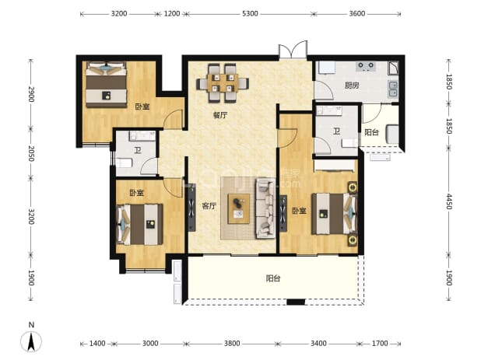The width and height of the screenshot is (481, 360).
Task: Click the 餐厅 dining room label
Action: click(x=220, y=115)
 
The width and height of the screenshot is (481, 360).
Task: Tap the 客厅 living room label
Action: click(x=209, y=206)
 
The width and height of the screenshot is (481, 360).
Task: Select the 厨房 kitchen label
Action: click(x=352, y=86)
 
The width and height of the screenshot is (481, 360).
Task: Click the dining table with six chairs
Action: click(x=223, y=83)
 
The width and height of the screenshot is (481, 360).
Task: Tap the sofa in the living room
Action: click(x=265, y=208)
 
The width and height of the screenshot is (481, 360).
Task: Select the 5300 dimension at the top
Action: click(x=250, y=14)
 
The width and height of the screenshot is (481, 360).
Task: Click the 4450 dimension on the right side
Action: click(x=449, y=201)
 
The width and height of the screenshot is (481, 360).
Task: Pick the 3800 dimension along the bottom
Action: click(x=232, y=344)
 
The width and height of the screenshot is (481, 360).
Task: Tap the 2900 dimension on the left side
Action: click(x=31, y=94)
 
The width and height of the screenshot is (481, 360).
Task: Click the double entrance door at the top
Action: click(x=293, y=49)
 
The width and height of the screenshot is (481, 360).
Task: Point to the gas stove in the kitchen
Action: click(x=366, y=66)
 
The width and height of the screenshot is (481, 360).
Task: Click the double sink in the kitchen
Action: click(x=393, y=89)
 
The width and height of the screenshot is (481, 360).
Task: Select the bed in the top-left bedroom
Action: click(x=106, y=85)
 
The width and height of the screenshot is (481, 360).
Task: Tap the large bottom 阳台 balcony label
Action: click(x=272, y=278)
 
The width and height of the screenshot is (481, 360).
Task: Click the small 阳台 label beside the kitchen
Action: click(x=371, y=132)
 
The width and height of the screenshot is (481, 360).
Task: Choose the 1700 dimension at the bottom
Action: click(x=380, y=344)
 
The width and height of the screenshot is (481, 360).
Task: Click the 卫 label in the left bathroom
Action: click(x=137, y=150)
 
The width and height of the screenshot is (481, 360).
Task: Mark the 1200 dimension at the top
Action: click(x=172, y=14)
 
